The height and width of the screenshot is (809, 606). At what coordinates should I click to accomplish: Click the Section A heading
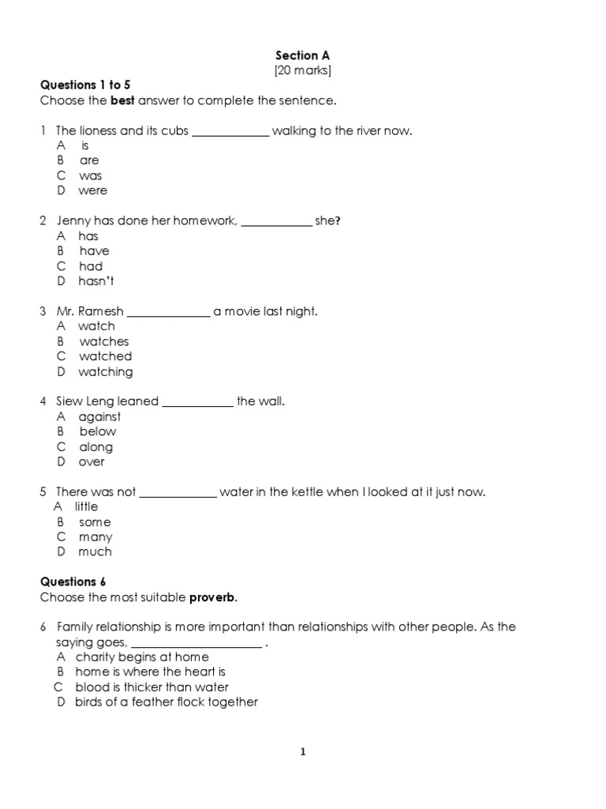pyautogui.click(x=302, y=55)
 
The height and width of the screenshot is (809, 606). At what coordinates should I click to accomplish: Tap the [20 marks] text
pyautogui.click(x=302, y=71)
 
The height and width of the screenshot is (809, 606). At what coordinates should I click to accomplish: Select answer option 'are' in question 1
pyautogui.click(x=89, y=160)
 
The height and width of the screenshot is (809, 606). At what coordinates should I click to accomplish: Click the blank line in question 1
pyautogui.click(x=230, y=132)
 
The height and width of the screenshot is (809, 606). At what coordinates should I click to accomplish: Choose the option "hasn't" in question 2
pyautogui.click(x=96, y=281)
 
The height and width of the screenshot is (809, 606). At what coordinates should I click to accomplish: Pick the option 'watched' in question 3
pyautogui.click(x=105, y=356)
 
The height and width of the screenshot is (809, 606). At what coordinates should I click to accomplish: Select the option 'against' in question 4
pyautogui.click(x=99, y=416)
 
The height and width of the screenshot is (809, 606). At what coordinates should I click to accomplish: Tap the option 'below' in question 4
pyautogui.click(x=97, y=431)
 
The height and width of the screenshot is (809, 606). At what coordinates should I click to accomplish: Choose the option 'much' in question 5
pyautogui.click(x=95, y=551)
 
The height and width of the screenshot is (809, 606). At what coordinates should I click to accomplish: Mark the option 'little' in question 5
pyautogui.click(x=86, y=506)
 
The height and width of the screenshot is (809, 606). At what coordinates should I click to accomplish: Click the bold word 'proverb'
pyautogui.click(x=212, y=596)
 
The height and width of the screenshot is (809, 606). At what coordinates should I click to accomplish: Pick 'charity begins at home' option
pyautogui.click(x=142, y=657)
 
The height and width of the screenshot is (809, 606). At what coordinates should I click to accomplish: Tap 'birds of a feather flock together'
pyautogui.click(x=166, y=702)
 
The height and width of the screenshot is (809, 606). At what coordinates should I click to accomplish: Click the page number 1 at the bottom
pyautogui.click(x=302, y=752)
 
